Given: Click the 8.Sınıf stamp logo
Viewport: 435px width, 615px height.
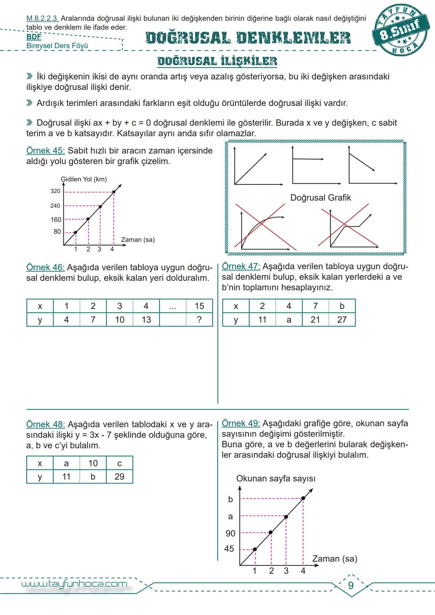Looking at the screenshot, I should point(401,31).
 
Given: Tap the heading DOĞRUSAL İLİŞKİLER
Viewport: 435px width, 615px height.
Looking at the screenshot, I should point(217,61).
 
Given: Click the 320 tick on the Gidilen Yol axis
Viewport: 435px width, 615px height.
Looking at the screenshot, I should point(56,191).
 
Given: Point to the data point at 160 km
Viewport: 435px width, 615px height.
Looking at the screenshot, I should point(88,219).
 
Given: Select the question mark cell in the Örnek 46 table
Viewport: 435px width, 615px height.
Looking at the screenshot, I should point(199,319).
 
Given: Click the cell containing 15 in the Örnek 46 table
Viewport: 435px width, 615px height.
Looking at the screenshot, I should point(199,306).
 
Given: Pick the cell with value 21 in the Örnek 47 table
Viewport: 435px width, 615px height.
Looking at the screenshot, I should point(315,319).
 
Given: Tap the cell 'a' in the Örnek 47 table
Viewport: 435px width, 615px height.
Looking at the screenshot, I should point(288,319).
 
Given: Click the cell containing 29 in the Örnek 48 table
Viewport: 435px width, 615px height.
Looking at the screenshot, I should point(119,476).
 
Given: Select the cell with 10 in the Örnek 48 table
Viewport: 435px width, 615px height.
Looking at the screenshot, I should point(93,463).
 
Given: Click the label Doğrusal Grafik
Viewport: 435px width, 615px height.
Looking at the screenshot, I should point(321,198).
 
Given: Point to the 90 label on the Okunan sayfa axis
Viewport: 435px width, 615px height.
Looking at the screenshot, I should point(230,533).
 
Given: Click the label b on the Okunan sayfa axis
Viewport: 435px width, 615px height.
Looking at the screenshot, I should point(230,499).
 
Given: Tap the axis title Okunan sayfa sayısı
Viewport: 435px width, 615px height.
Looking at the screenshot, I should point(275,478).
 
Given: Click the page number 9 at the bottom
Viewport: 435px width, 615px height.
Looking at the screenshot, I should point(350,585).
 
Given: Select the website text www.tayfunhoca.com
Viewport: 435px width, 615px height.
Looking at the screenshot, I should point(74,584).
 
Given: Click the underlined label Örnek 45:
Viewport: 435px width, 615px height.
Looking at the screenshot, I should point(46,151).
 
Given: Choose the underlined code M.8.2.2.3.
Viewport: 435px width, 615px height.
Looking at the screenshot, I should point(42,19).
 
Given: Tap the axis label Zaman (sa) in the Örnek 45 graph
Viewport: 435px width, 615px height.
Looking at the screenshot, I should point(138,240).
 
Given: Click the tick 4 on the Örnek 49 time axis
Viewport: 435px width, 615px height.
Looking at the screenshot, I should point(303,571).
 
